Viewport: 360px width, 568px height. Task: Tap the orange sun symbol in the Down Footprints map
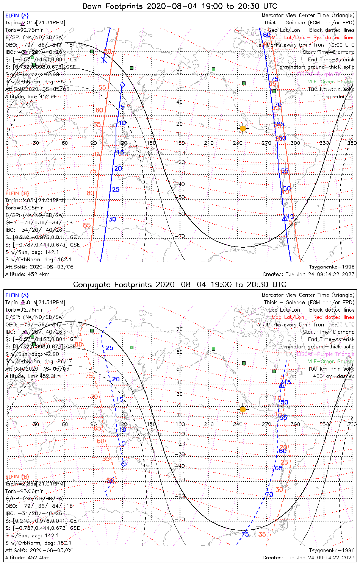243,129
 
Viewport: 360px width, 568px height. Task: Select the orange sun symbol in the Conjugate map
243,409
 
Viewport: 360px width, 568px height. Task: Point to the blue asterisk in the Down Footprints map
104,59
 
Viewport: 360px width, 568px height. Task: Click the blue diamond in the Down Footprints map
122,85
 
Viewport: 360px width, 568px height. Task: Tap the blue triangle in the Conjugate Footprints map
282,385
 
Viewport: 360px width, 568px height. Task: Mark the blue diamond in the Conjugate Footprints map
124,464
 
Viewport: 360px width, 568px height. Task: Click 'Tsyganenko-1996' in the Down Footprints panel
332,267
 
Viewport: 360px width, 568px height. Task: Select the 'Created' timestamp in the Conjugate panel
308,557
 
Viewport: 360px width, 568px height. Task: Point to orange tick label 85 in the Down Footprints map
87,225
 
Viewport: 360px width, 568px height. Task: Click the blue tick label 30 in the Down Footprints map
113,219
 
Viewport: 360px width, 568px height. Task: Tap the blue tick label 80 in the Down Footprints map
267,35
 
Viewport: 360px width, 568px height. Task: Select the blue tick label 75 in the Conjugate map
245,534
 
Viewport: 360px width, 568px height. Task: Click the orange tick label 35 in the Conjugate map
262,534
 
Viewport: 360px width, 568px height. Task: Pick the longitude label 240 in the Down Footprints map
238,143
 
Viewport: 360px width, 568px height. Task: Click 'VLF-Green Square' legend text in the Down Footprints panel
331,81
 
